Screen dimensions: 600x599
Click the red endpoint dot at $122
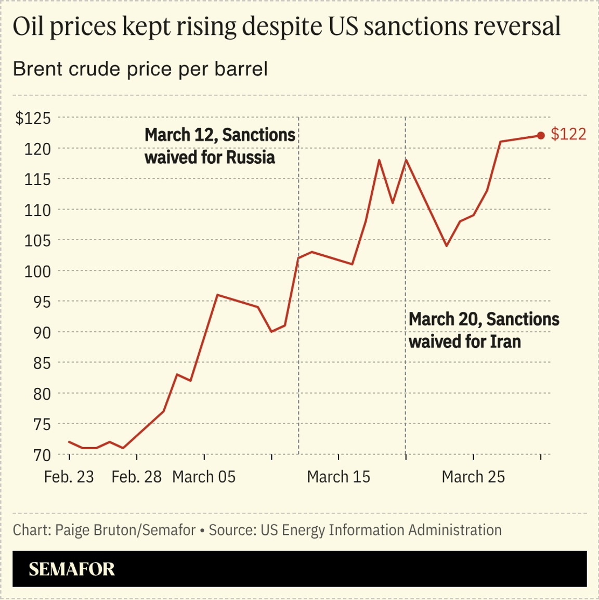pyautogui.click(x=541, y=136)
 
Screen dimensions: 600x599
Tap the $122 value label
pyautogui.click(x=568, y=134)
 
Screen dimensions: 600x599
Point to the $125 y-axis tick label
pyautogui.click(x=33, y=119)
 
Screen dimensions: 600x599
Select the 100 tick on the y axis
pyautogui.click(x=37, y=271)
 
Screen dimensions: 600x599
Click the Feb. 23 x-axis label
pyautogui.click(x=69, y=477)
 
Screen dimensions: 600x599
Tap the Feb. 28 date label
pyautogui.click(x=136, y=477)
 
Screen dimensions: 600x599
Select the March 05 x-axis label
pyautogui.click(x=204, y=477)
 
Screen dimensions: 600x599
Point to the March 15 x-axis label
pyautogui.click(x=338, y=477)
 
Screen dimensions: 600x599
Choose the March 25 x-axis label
pyautogui.click(x=473, y=477)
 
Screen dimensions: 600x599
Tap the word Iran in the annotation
pyautogui.click(x=505, y=342)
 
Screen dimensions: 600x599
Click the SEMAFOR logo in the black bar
pyautogui.click(x=72, y=569)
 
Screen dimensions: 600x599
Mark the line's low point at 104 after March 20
pyautogui.click(x=446, y=246)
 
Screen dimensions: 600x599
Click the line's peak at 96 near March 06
pyautogui.click(x=217, y=295)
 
